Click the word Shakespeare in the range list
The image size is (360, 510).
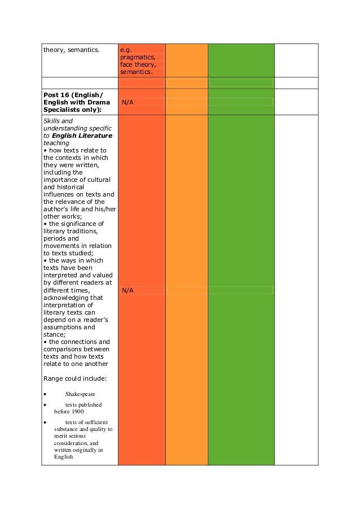(80, 394)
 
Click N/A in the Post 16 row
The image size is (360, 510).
(128, 102)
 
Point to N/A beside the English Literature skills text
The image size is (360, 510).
(128, 290)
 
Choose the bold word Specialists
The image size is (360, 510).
(63, 110)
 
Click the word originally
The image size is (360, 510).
(84, 450)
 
